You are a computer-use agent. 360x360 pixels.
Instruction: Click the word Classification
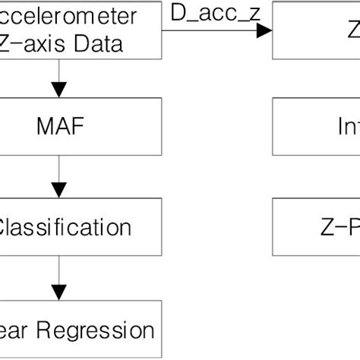tap(64, 227)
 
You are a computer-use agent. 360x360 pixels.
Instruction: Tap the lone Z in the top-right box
tap(354, 30)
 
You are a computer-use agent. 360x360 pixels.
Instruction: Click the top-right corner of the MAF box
tap(161, 96)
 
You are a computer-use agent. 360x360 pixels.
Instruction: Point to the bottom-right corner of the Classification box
tap(161, 254)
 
